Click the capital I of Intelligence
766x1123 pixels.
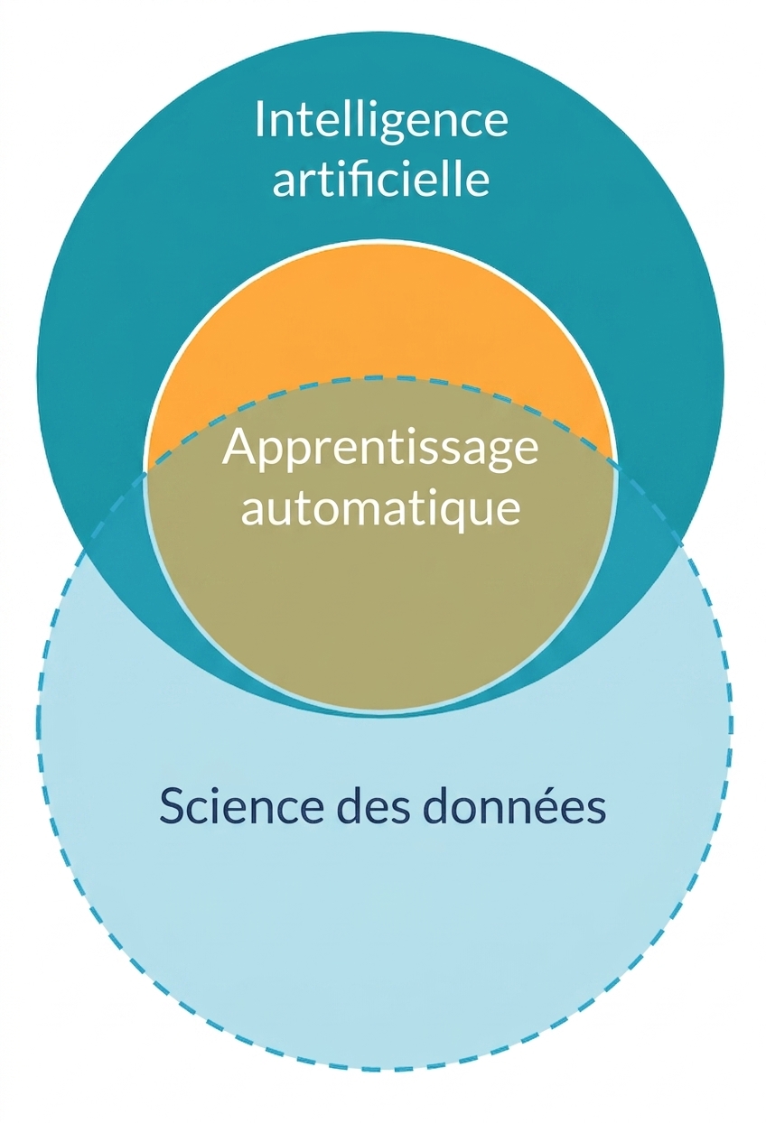[259, 119]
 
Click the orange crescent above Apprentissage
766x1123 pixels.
[379, 330]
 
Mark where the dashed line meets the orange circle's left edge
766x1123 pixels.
[146, 472]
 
